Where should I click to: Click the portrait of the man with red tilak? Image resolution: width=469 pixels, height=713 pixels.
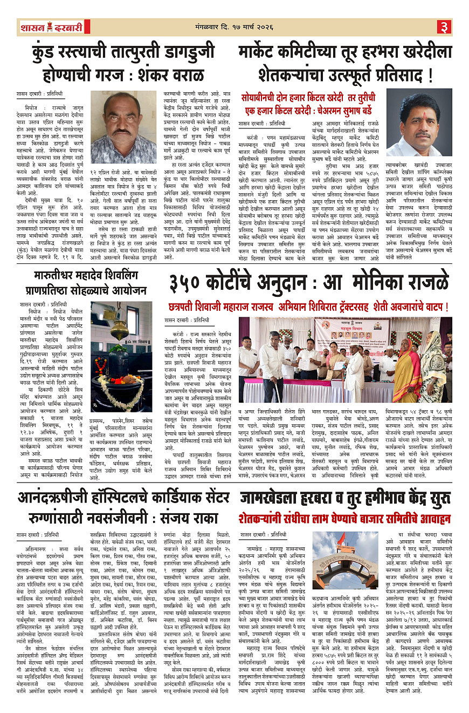419,123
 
